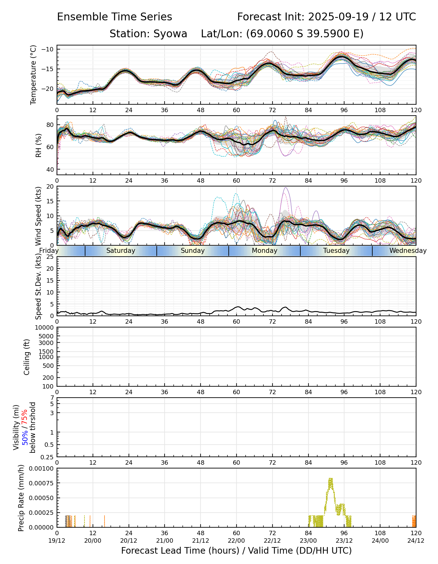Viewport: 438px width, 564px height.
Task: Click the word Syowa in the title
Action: point(170,34)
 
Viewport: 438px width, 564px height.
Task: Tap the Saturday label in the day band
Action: point(121,251)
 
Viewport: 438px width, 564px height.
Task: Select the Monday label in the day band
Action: point(265,251)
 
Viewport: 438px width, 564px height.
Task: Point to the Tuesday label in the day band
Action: point(336,251)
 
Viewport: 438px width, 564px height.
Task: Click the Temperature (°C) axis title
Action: point(33,75)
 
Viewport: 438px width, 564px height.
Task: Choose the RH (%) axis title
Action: point(38,145)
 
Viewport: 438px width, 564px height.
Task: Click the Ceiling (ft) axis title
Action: point(27,357)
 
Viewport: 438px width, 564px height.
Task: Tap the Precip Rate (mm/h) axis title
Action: point(21,498)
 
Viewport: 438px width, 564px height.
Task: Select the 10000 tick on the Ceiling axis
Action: point(45,328)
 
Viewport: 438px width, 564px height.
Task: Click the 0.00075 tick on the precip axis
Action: point(42,483)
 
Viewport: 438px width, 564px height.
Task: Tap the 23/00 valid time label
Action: point(308,540)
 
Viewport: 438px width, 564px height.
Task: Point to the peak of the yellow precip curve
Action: point(330,478)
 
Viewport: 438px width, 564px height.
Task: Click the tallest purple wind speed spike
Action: point(285,188)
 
